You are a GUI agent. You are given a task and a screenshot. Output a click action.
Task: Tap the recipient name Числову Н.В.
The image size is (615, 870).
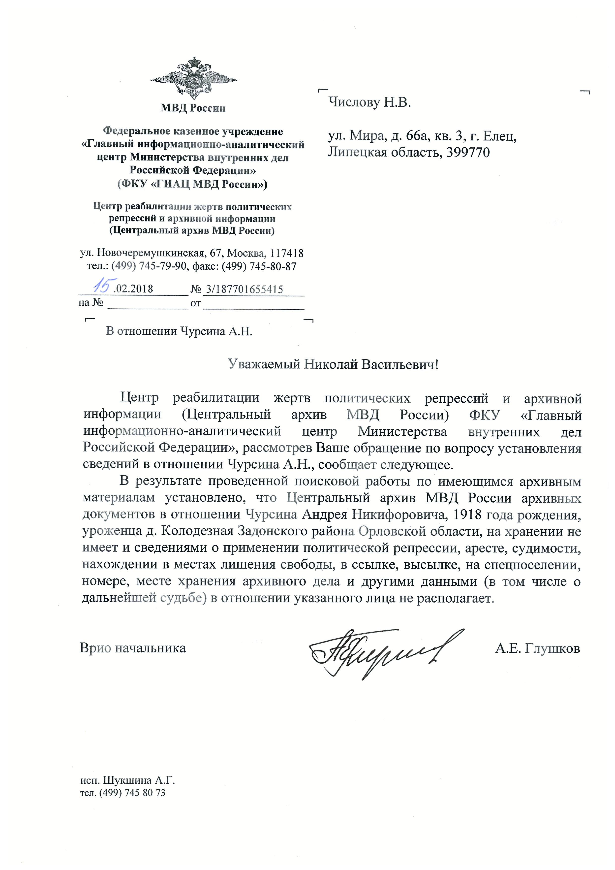[x=369, y=102]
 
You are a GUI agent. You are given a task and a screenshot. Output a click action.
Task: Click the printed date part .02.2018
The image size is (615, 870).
[x=133, y=289]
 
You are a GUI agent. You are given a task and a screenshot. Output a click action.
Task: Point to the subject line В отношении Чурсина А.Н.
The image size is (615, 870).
[x=179, y=332]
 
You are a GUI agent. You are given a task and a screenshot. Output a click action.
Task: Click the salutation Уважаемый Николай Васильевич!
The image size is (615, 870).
[x=333, y=364]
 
